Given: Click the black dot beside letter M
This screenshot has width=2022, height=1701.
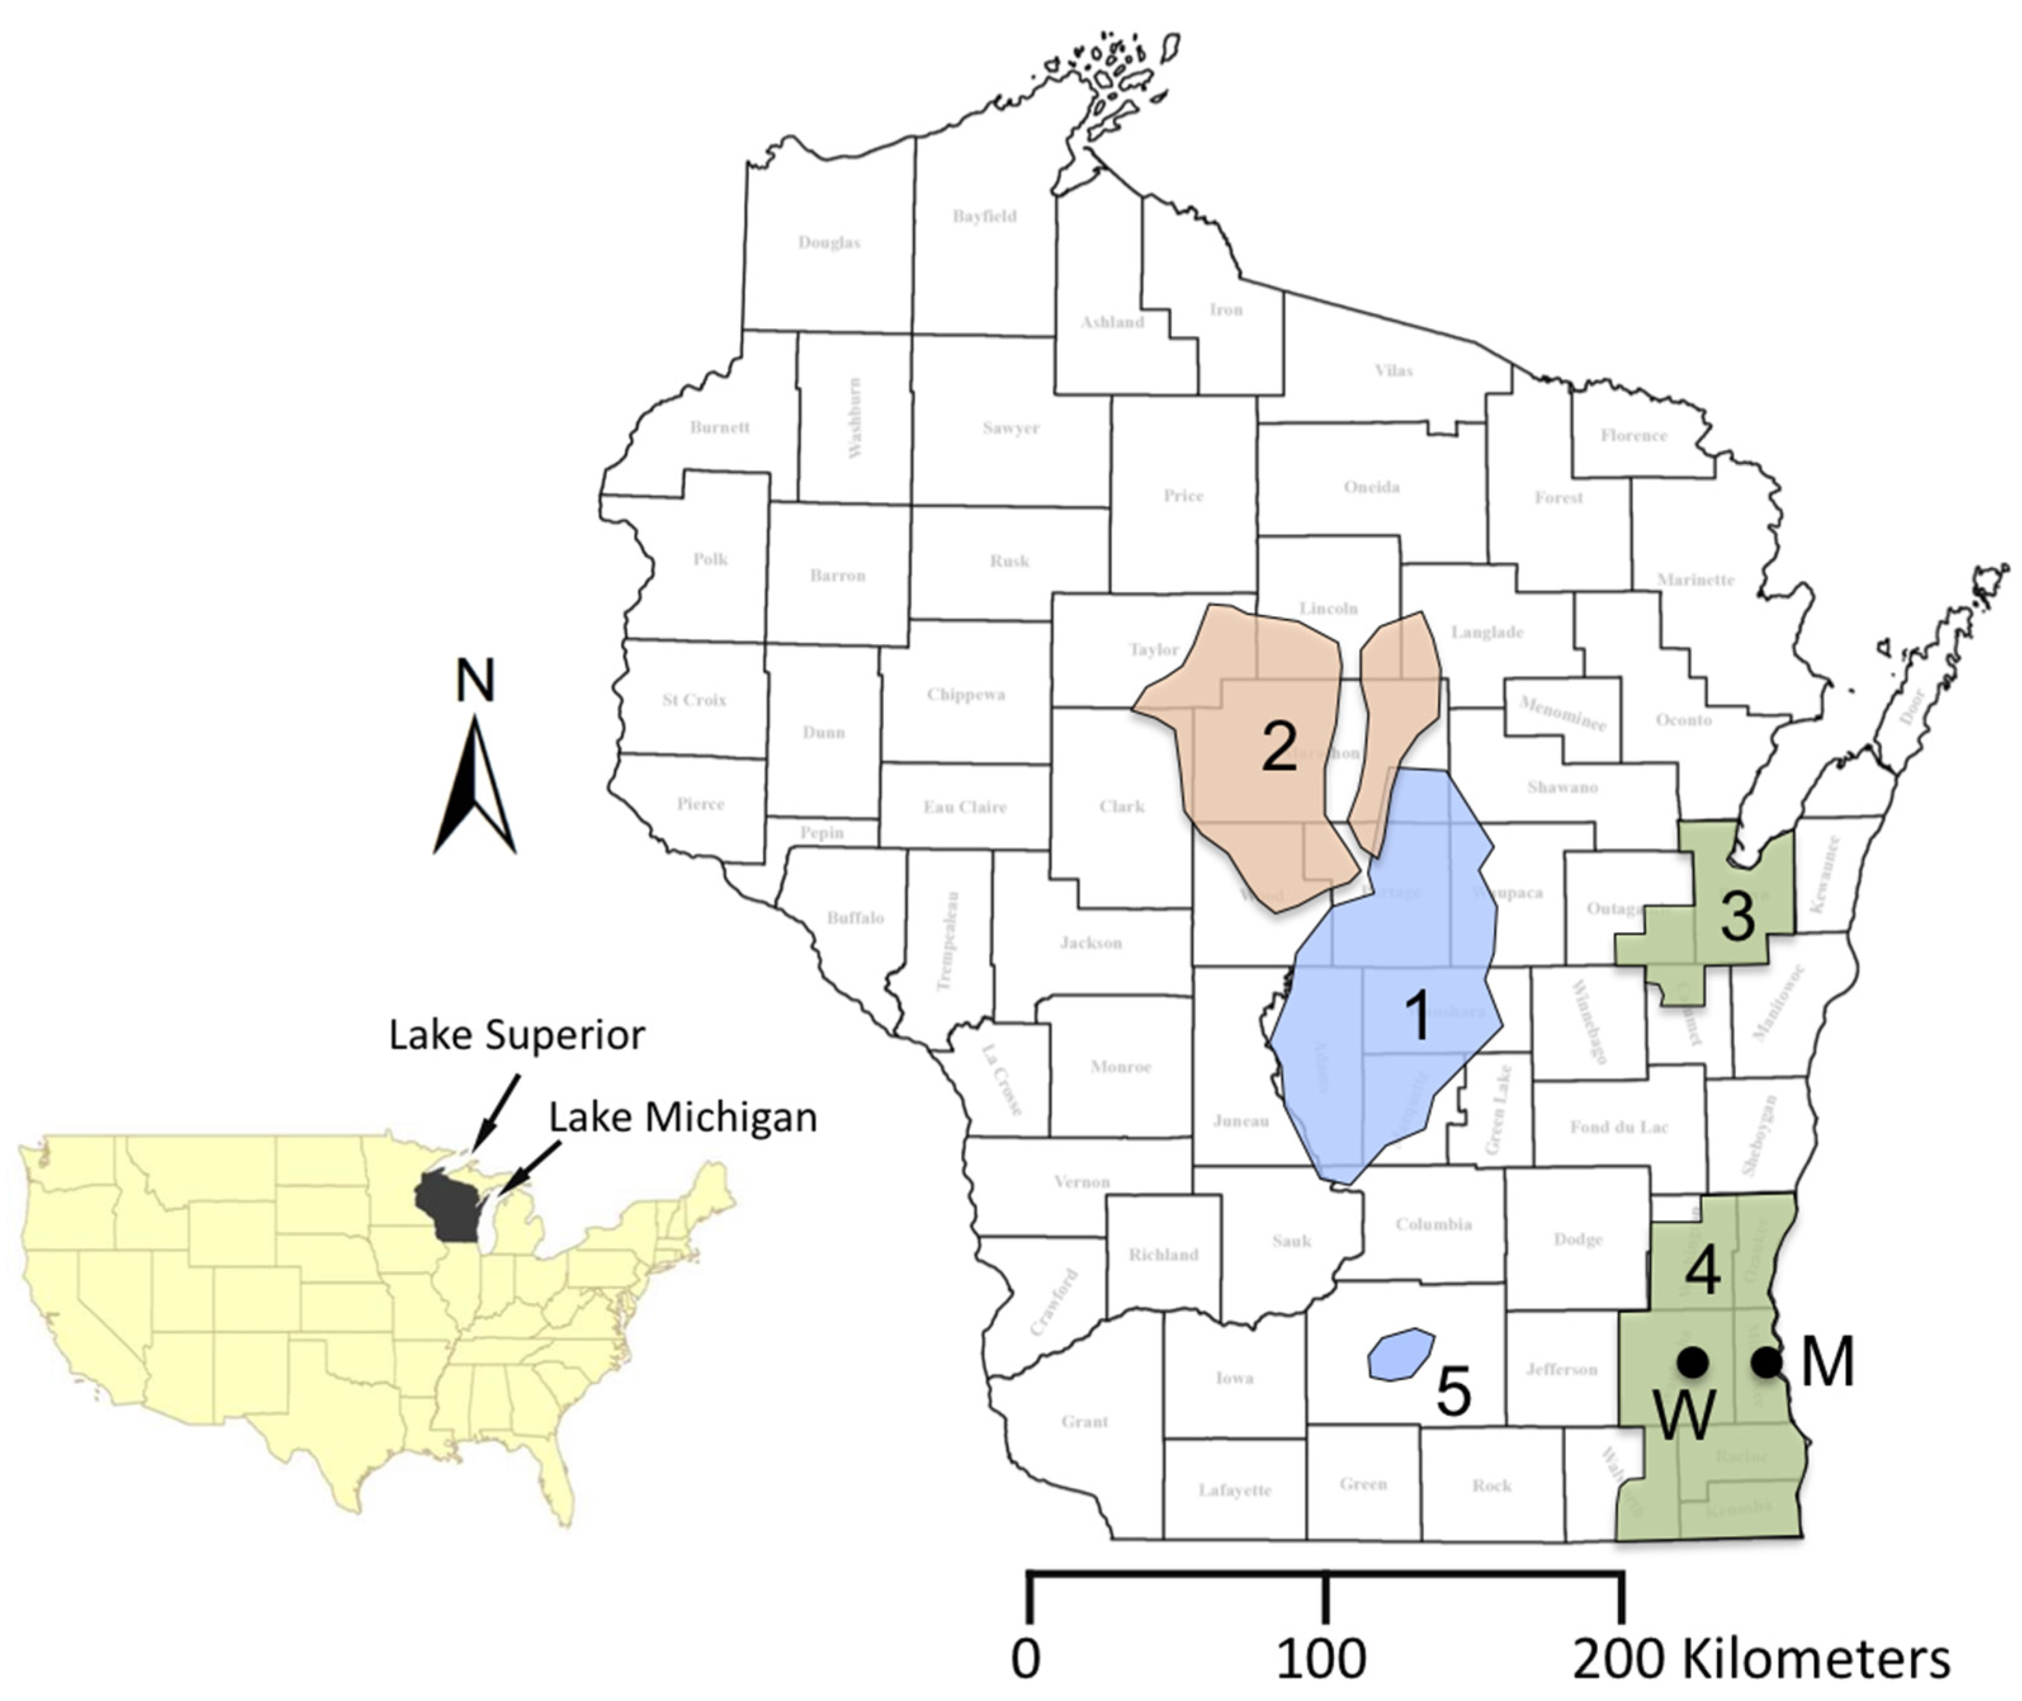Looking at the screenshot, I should click(x=1765, y=1362).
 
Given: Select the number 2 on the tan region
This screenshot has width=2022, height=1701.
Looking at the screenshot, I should click(x=1279, y=746).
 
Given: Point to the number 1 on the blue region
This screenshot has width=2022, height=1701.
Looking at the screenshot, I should click(x=1417, y=1016).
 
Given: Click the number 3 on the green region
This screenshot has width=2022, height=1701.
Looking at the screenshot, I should click(x=1737, y=916).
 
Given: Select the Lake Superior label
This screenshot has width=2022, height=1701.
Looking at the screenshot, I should click(x=517, y=1035).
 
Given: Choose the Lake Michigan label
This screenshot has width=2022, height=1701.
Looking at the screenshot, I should click(x=683, y=1116).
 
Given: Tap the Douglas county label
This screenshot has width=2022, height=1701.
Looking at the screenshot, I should click(x=828, y=242).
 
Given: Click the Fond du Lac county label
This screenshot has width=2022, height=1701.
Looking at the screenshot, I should click(x=1619, y=1126).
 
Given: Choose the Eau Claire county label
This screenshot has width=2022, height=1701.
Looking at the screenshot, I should click(x=964, y=806).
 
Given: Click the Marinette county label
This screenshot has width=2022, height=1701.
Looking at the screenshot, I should click(x=1695, y=579).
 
